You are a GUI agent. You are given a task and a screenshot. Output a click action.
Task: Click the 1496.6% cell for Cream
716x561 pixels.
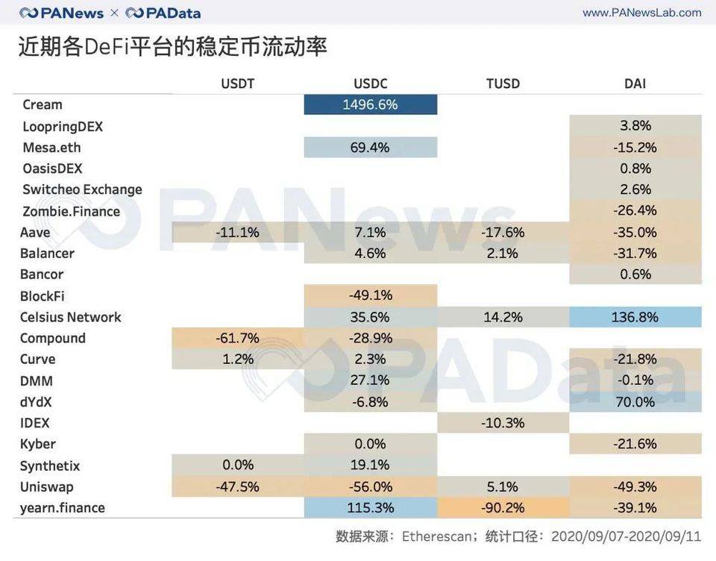click(x=370, y=104)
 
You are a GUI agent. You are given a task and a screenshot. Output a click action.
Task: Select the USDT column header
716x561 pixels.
click(x=238, y=84)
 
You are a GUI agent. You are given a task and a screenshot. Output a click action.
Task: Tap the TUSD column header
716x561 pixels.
click(x=503, y=84)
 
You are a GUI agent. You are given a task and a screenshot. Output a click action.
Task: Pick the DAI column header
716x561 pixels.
click(x=635, y=84)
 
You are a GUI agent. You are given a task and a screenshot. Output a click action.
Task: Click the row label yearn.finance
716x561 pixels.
click(x=63, y=508)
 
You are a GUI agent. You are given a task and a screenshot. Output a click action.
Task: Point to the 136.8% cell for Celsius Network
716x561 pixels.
click(x=635, y=317)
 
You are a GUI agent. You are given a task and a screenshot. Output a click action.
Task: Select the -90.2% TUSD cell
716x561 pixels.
click(x=503, y=508)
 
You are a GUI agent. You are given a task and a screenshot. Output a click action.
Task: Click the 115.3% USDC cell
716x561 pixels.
click(x=370, y=508)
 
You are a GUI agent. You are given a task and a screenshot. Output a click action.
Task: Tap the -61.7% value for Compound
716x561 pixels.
click(x=238, y=338)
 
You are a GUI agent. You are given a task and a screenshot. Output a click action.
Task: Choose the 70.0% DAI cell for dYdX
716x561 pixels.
click(x=635, y=402)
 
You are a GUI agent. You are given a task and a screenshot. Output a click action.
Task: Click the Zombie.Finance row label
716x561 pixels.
click(x=72, y=211)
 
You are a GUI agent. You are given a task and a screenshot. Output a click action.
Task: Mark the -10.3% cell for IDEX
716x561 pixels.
click(x=503, y=423)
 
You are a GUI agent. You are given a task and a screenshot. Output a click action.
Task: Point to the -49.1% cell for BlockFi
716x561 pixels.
click(x=370, y=295)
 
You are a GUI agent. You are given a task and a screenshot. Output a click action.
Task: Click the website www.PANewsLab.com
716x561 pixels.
click(x=641, y=13)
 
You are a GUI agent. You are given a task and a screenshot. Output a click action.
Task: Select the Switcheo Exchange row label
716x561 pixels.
click(x=82, y=189)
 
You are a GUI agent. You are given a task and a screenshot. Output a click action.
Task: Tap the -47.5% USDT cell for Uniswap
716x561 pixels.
click(x=238, y=487)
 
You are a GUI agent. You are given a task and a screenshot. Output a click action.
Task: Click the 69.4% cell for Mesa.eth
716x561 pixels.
click(x=370, y=148)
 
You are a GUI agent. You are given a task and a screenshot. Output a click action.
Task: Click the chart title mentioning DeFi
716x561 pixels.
click(x=173, y=47)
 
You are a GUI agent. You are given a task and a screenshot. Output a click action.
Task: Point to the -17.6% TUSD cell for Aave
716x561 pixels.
click(x=503, y=232)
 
